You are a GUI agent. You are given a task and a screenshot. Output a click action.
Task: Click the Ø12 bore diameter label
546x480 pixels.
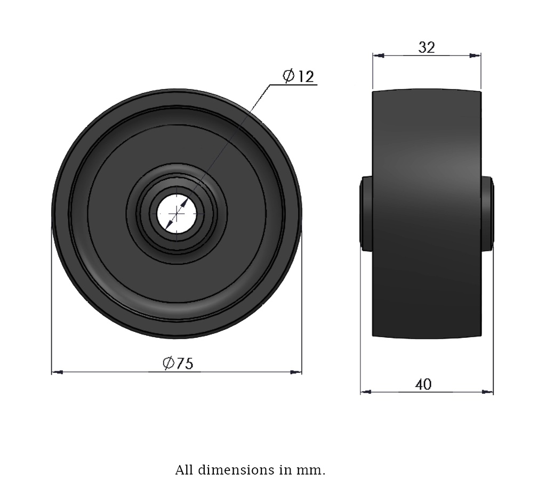point(299,76)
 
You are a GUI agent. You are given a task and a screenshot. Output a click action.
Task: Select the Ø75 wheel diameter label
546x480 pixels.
point(178,363)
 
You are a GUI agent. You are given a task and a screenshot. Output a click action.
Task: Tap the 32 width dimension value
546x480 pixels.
point(427,47)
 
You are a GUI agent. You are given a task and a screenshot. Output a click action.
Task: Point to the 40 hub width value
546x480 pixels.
point(423,384)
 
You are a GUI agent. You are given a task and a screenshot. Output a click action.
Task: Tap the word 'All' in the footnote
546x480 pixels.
point(184,470)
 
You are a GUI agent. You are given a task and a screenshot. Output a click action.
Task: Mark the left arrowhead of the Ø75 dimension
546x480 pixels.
point(57,372)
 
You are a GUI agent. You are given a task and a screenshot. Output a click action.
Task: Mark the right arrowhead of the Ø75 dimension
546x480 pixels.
point(296,372)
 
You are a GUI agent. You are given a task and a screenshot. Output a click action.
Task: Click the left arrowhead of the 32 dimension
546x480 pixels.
point(378,55)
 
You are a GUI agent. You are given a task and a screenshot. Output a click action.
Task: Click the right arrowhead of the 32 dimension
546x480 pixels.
point(475,55)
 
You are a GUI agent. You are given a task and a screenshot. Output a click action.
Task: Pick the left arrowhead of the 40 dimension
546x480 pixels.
point(366,392)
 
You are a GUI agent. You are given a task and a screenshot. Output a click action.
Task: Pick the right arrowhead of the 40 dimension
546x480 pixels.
point(487,392)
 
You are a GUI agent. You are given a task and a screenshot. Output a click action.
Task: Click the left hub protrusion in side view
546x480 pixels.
point(366,213)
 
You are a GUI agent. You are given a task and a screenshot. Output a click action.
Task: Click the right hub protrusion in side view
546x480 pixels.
point(487,213)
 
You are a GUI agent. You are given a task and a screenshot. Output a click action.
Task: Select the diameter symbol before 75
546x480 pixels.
point(168,363)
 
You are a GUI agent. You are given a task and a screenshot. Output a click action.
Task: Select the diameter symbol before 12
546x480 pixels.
point(288,76)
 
